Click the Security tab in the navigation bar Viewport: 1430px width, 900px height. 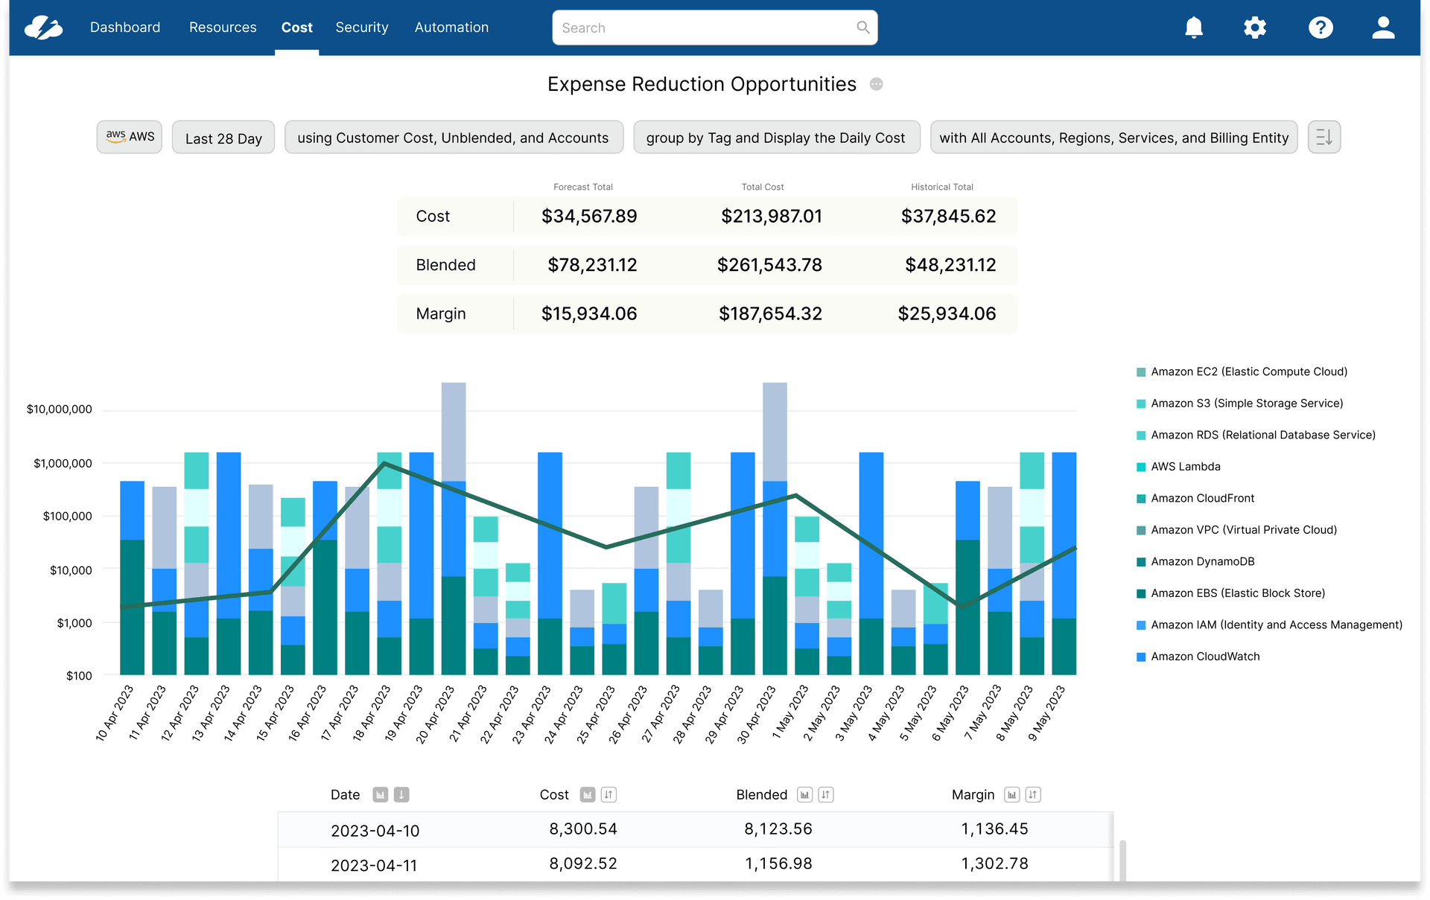[x=361, y=28]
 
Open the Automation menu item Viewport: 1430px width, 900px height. [x=451, y=28]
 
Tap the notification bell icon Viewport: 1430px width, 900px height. [x=1194, y=28]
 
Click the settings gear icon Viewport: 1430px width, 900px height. [x=1255, y=28]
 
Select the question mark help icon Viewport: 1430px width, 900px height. [x=1321, y=28]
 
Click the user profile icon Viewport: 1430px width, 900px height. [x=1383, y=28]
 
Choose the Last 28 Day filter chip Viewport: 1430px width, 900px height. [x=223, y=138]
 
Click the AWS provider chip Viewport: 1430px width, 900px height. [x=130, y=137]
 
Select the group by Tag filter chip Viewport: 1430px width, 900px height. [x=776, y=138]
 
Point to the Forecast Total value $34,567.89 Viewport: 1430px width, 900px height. [x=589, y=217]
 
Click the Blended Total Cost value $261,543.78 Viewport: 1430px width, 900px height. [x=769, y=265]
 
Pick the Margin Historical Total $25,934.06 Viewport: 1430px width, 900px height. [x=947, y=314]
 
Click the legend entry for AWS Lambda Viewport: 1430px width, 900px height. [x=1185, y=467]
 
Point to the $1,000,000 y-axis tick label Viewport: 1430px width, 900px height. [x=63, y=463]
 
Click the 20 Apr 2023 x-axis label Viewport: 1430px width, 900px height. [x=436, y=714]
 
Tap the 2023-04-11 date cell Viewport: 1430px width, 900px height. [x=374, y=866]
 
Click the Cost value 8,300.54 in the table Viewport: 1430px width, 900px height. [x=583, y=829]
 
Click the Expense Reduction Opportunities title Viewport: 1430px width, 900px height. [x=702, y=84]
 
